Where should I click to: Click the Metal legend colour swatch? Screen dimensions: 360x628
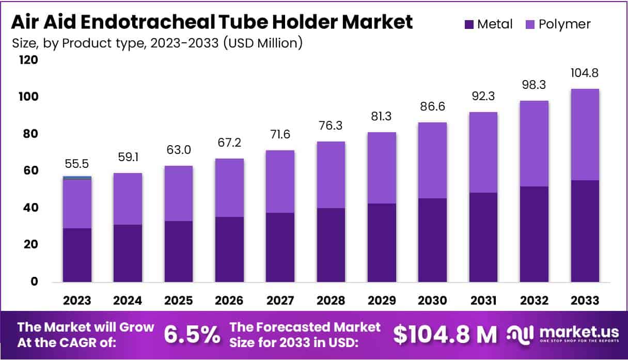pos(469,24)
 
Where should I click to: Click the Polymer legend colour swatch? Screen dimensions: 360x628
pos(530,24)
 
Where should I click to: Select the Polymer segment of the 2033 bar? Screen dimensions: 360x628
pos(585,134)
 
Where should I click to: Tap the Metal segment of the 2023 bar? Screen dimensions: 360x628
pos(77,255)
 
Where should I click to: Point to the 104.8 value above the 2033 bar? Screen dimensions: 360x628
pos(585,73)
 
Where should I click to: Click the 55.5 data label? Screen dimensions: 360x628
pos(77,163)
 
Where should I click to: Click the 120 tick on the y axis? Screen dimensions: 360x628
pos(28,60)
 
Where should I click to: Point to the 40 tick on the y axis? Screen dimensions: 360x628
pos(31,208)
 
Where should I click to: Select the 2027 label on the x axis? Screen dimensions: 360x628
pos(280,301)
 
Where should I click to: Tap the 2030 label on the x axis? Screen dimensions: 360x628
pos(432,301)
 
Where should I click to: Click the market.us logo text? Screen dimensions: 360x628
pos(570,331)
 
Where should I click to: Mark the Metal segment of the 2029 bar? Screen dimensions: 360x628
pos(382,243)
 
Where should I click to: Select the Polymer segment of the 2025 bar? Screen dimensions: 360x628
pos(178,193)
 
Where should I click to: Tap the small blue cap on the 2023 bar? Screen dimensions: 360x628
pos(77,178)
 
